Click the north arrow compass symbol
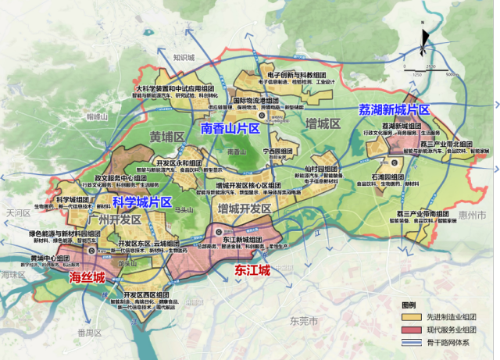tap(423, 42)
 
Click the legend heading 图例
tap(410, 305)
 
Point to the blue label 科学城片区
tap(143, 202)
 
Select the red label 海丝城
tap(87, 277)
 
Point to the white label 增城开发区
tap(245, 209)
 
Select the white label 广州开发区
tap(114, 220)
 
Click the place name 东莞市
tap(300, 321)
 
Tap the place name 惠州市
tap(472, 214)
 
